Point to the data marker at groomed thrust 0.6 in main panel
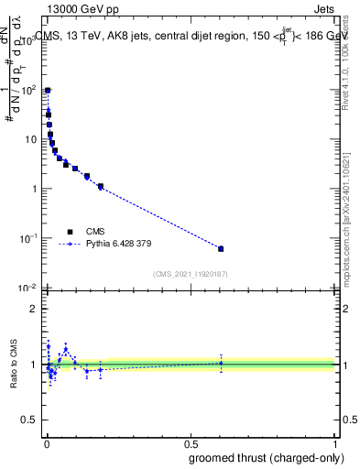(221, 248)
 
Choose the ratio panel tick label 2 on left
(34, 309)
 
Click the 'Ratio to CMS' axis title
(14, 365)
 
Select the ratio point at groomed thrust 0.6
(221, 363)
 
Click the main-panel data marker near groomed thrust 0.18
(101, 187)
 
